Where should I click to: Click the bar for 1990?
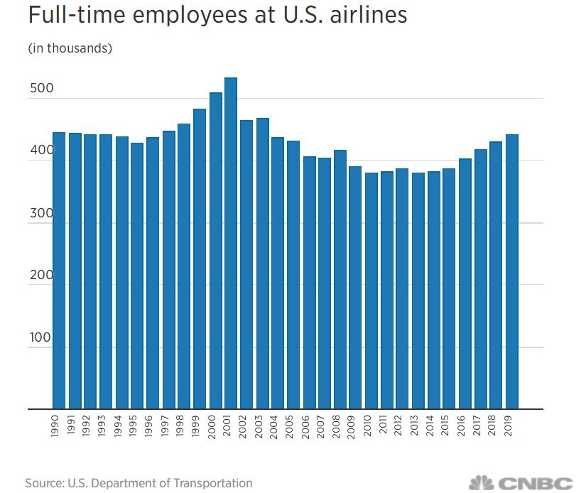(59, 271)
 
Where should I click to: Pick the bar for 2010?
(371, 291)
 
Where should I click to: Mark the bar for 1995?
(137, 276)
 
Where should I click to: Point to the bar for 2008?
(340, 280)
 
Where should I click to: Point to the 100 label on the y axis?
(40, 337)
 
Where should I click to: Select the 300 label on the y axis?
(40, 213)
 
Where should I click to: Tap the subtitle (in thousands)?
(70, 48)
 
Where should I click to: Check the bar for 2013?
(418, 291)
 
